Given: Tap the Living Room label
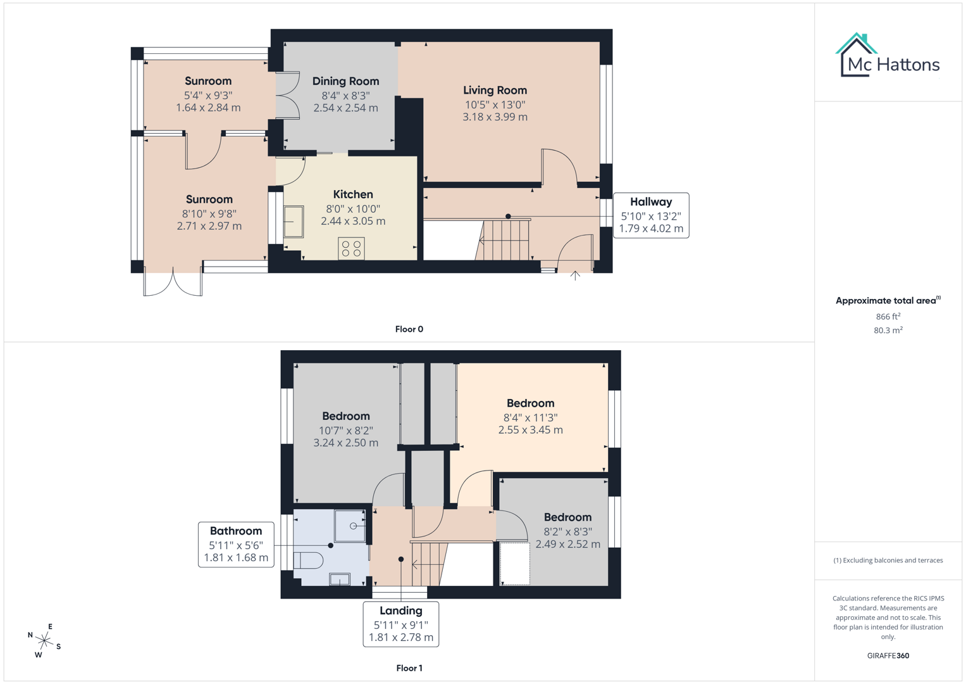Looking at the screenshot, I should [495, 91].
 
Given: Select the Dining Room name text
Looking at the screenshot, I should [345, 81].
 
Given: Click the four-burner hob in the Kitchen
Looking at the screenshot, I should [351, 248].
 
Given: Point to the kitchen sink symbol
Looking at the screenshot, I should [294, 222].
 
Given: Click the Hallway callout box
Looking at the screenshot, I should [651, 215].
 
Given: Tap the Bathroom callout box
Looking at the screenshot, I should [236, 544].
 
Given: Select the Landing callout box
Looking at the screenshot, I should [400, 624].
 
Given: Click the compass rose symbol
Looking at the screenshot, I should [44, 641].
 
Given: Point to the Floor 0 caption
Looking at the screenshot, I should [409, 329].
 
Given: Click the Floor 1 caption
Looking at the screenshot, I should [409, 668].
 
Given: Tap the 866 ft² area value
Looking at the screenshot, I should [888, 316].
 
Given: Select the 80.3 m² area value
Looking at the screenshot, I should [888, 330].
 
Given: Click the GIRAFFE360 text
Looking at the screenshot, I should [888, 655].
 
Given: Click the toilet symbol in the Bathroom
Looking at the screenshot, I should [309, 560].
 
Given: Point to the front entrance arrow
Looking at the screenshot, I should [575, 275].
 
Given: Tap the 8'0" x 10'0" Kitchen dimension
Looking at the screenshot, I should [353, 209].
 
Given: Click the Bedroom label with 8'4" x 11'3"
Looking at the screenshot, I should [530, 403].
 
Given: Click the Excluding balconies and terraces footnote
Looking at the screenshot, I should [888, 560].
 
